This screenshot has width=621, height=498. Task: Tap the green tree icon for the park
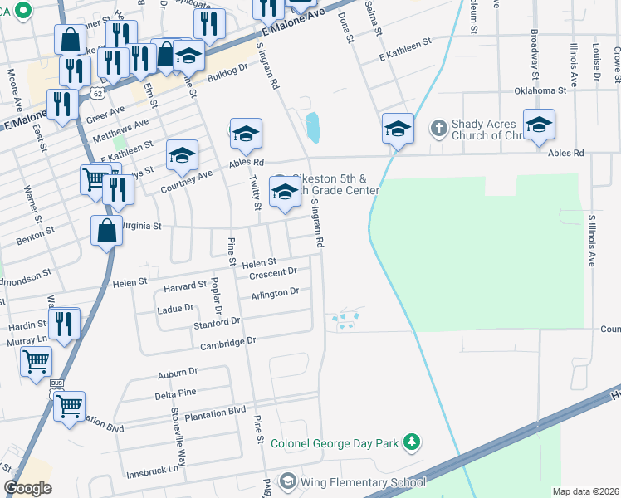pos(412,444)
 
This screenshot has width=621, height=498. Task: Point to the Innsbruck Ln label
pos(152,469)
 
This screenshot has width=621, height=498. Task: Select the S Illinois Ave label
pos(591,241)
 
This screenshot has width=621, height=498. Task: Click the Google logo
pos(27,488)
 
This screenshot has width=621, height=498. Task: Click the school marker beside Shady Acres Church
pos(539,125)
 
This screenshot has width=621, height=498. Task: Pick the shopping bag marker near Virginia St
pos(107,232)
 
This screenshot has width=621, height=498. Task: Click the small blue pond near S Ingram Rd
pos(313,128)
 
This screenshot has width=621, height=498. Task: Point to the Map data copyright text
pos(584,491)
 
